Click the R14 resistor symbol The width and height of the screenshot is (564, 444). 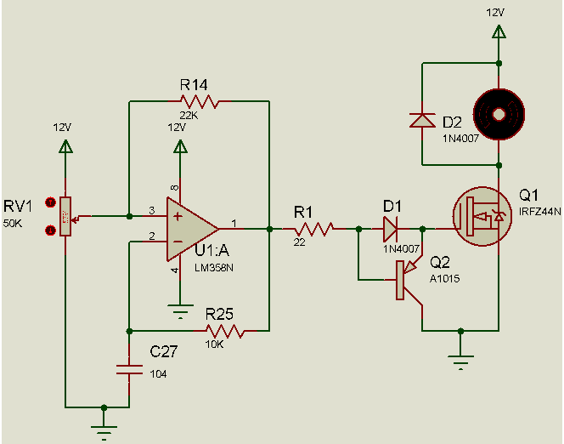tap(199, 101)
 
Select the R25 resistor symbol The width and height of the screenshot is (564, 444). tap(224, 331)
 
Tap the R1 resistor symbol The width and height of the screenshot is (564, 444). tap(313, 229)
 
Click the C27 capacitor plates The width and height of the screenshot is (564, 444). tap(129, 369)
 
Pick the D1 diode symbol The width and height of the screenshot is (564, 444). tap(390, 229)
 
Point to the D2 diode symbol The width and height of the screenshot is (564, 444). tap(422, 120)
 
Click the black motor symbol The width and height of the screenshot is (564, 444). tap(499, 115)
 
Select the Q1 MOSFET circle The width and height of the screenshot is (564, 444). tap(482, 216)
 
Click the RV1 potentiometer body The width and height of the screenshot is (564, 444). tap(65, 216)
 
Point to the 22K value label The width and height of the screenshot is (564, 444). tap(189, 115)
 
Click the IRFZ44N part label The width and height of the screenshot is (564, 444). tap(540, 212)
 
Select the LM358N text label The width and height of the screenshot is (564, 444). tap(214, 268)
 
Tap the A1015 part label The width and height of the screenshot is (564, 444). tap(444, 278)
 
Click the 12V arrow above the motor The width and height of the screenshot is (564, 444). tap(499, 31)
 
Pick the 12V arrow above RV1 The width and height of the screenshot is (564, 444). tap(65, 146)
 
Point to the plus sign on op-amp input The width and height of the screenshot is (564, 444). tap(178, 216)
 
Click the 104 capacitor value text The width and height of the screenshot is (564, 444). tap(158, 374)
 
